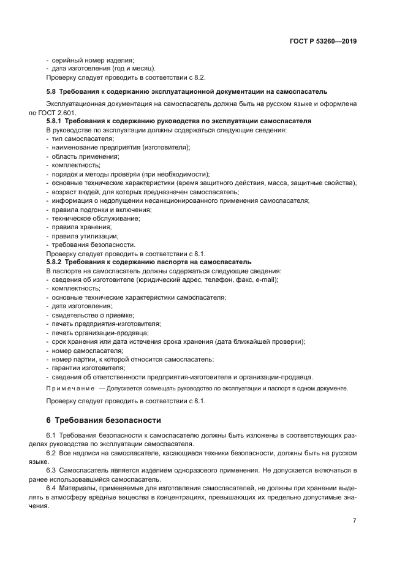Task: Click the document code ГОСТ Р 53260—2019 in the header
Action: point(324,42)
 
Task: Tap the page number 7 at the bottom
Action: point(354,520)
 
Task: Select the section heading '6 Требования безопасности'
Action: point(104,420)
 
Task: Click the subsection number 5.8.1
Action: point(56,121)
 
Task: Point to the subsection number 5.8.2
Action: point(56,262)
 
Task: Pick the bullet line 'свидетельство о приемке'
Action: point(91,314)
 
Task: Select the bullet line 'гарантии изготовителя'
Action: point(88,368)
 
